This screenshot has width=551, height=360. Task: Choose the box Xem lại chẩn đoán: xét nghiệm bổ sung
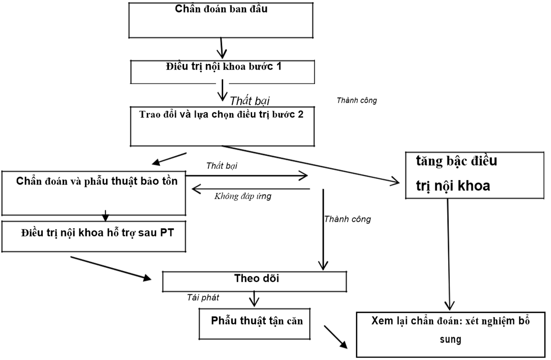[450, 334]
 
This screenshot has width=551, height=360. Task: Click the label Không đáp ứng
[243, 197]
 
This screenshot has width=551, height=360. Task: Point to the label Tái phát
[202, 298]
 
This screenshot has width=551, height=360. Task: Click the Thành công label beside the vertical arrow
[347, 219]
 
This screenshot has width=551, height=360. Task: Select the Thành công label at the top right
[357, 100]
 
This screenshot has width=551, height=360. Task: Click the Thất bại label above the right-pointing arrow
[222, 165]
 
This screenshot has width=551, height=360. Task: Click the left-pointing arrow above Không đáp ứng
[250, 188]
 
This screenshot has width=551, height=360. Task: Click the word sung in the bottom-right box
[450, 340]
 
